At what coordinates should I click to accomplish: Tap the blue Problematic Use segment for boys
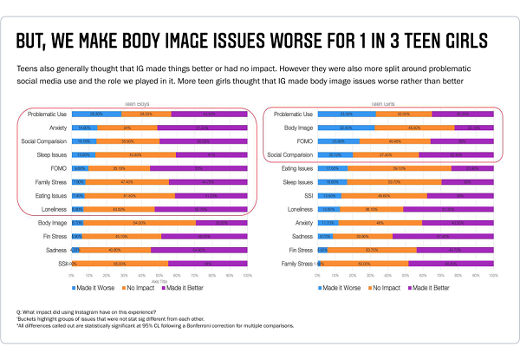[x=96, y=114]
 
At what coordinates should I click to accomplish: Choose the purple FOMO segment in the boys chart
[x=198, y=168]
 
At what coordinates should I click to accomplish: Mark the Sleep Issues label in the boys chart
[x=51, y=154]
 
